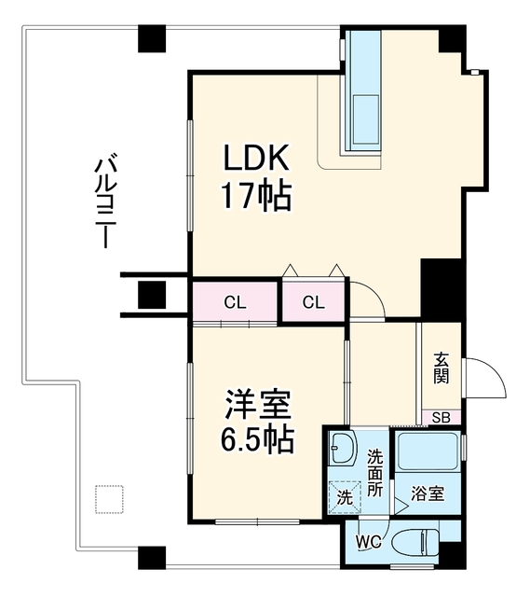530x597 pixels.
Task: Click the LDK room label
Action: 256,158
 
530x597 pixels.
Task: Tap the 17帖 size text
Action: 256,196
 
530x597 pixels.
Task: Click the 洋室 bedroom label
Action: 258,404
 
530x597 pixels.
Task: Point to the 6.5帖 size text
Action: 257,439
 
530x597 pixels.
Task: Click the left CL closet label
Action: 235,302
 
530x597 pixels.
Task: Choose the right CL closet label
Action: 314,302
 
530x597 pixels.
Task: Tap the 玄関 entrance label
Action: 442,368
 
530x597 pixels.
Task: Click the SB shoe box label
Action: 442,418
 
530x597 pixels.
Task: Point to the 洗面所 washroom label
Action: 374,473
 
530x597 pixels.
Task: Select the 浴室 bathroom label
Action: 428,493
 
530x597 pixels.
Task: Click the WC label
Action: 369,541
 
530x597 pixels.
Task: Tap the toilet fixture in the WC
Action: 415,541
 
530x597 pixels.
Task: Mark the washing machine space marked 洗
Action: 345,497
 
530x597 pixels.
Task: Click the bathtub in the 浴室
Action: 428,451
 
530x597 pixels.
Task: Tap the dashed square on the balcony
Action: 110,499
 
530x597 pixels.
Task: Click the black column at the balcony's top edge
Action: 152,38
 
